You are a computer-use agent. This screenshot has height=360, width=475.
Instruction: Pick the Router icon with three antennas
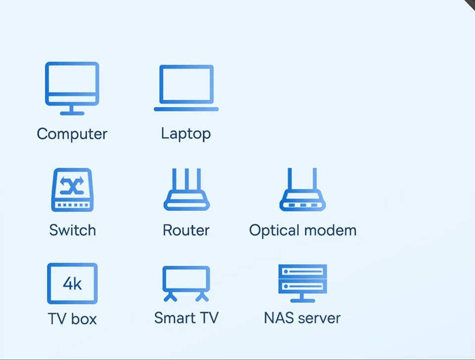(187, 190)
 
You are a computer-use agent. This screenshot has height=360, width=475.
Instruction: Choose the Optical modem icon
(302, 190)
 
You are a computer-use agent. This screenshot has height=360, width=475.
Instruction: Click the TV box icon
(72, 283)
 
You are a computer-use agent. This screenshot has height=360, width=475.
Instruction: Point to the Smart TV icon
(186, 283)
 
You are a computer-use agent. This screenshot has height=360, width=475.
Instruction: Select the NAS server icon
(302, 282)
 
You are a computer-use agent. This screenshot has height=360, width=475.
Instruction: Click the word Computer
(72, 134)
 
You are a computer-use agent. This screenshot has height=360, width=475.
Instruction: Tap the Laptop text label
(186, 134)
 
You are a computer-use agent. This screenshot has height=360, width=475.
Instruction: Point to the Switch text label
(72, 230)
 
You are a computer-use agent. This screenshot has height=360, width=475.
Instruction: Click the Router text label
(186, 230)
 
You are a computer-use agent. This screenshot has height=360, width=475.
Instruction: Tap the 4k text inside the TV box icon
(72, 283)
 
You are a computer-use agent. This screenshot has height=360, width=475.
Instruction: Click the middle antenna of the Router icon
(187, 180)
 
